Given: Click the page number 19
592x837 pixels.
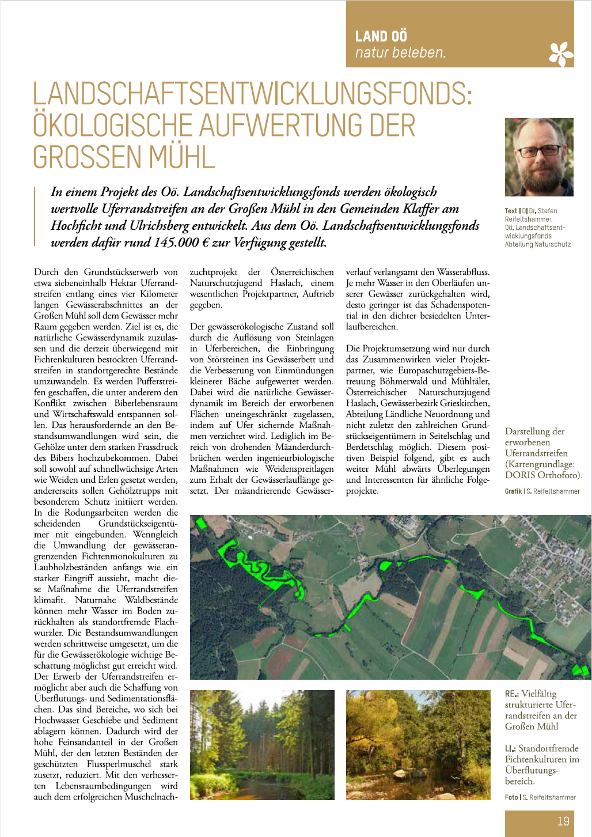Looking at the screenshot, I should click(563, 821).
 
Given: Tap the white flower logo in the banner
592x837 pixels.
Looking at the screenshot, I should click(561, 54).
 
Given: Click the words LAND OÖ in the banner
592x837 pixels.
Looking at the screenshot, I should click(381, 36).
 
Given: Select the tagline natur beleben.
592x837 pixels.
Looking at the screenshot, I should click(400, 53).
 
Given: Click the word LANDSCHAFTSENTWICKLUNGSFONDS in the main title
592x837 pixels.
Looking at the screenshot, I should click(252, 94).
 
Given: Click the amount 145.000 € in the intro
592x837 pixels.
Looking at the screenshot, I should click(180, 243).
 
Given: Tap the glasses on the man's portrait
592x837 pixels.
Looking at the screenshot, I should click(540, 151).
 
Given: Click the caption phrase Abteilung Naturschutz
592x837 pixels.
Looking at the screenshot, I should click(537, 244).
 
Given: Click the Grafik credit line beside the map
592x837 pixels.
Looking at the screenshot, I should click(542, 491).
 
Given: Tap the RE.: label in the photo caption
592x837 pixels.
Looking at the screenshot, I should click(511, 694).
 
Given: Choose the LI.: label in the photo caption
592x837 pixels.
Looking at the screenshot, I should click(510, 748).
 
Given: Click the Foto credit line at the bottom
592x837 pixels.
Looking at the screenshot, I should click(540, 797).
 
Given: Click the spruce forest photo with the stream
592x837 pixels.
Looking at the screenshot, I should click(262, 744).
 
